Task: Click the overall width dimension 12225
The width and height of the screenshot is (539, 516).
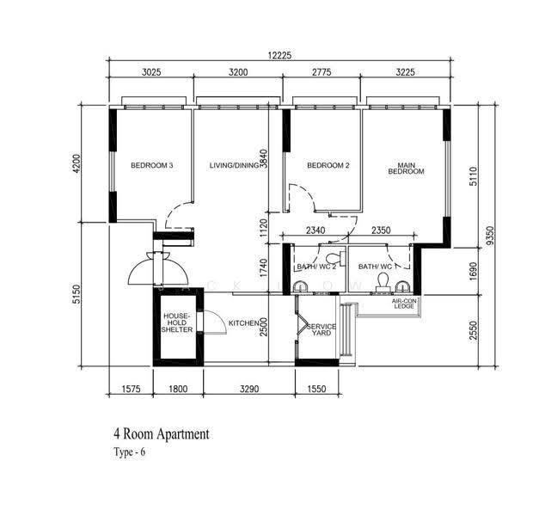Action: [279, 55]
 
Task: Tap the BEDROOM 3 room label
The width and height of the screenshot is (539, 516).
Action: [151, 165]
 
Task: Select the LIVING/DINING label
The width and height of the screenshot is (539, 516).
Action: [234, 165]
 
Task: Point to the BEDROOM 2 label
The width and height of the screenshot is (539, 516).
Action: [328, 165]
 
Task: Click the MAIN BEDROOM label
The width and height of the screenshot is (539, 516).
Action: [406, 169]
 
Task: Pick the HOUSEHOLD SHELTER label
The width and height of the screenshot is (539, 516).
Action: [177, 322]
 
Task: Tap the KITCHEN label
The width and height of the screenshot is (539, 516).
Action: [244, 323]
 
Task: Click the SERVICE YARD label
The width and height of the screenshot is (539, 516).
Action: [322, 329]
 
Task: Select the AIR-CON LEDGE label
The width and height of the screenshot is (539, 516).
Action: [404, 304]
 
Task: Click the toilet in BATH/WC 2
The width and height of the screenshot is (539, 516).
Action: [335, 258]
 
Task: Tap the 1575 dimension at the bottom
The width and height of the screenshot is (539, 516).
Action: [131, 389]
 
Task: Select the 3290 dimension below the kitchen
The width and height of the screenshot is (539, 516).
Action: [249, 389]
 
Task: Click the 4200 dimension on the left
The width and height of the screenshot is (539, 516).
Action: [77, 164]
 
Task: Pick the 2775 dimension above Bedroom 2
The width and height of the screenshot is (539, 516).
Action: [322, 72]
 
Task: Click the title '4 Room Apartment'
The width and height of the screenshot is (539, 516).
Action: [162, 434]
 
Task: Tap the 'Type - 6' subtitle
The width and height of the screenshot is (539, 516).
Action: [130, 451]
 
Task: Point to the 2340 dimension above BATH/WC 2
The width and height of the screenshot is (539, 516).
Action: [315, 230]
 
